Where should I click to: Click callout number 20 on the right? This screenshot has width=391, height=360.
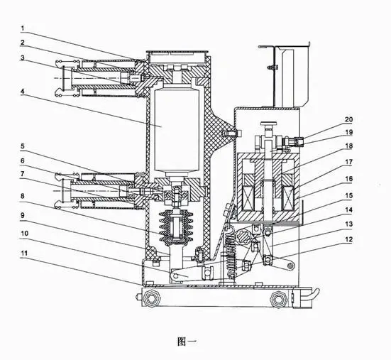pos(348,119)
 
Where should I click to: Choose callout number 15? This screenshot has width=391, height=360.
pos(348,195)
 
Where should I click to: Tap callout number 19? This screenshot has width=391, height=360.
pos(348,132)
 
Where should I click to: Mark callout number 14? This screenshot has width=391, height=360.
pos(348,210)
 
